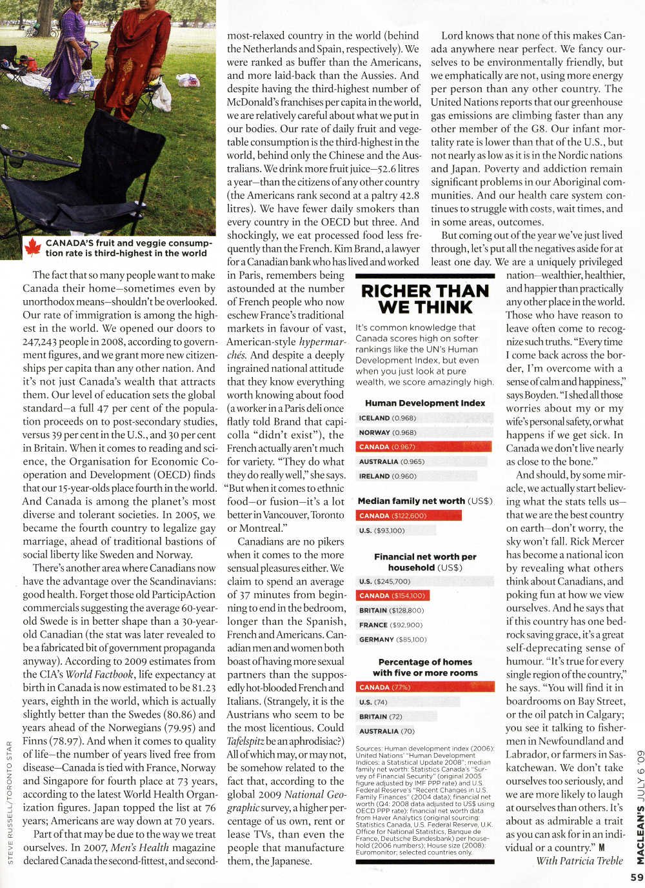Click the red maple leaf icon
32,247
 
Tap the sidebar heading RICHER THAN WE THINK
425,299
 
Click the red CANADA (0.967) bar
424,447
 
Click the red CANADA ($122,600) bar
409,516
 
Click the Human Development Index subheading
425,403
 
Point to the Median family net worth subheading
424,501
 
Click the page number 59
637,877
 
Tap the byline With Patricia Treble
579,860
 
